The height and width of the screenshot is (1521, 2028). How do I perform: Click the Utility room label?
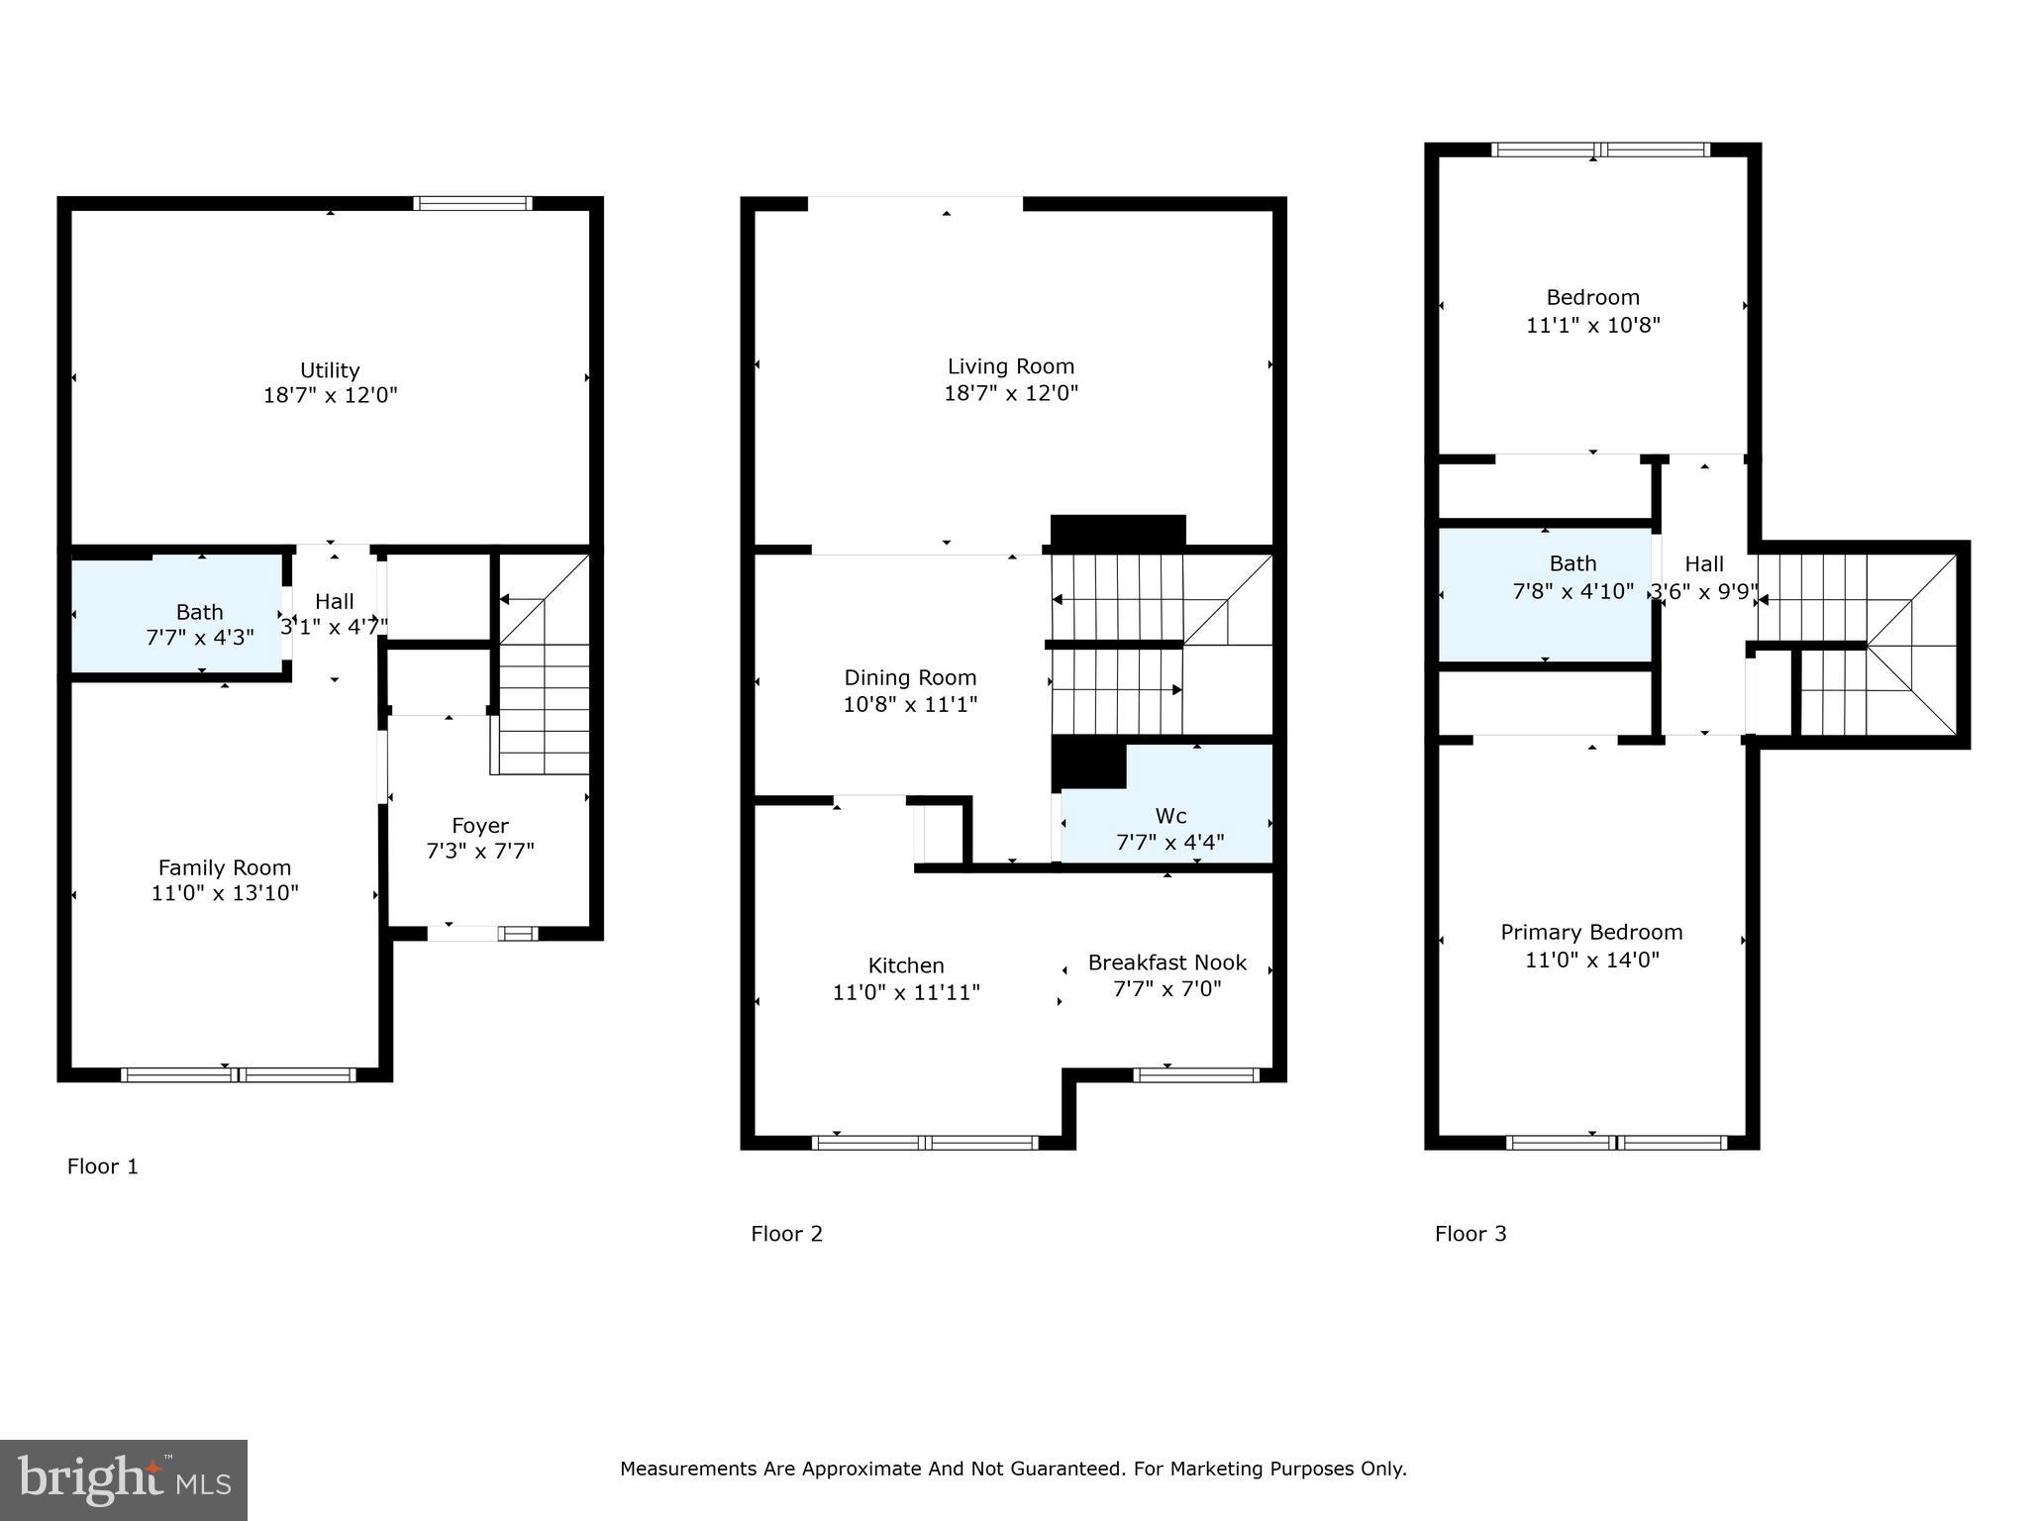point(330,370)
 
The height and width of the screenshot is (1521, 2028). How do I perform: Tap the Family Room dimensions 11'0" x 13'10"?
point(225,893)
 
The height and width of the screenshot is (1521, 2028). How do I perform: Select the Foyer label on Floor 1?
point(480,826)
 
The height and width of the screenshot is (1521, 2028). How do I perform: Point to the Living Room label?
point(1010,366)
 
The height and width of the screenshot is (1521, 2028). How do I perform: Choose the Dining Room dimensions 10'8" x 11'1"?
point(910,705)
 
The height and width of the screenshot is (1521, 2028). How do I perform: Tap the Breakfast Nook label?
point(1166,963)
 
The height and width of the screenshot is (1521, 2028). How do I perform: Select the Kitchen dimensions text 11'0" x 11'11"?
point(906,992)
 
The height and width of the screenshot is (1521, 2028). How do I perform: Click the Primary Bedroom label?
point(1591,933)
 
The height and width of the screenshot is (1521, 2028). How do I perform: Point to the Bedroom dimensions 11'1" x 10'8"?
point(1592,325)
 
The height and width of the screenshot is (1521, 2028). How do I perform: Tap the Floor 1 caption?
point(103,1166)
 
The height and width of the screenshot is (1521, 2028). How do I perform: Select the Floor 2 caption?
point(786,1234)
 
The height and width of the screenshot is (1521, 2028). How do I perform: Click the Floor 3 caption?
point(1470,1234)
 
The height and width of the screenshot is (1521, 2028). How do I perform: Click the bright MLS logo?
point(124,1479)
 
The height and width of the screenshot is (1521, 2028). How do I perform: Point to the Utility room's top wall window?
point(472,204)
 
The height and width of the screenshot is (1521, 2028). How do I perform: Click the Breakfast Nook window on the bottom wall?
point(1196,1074)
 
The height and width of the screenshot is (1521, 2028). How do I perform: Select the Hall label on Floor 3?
point(1703,564)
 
